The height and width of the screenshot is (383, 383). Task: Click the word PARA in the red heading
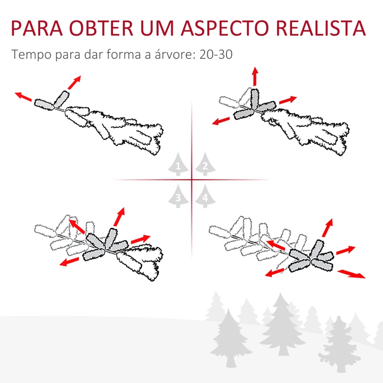click(x=37, y=28)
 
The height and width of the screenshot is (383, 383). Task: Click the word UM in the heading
click(x=157, y=28)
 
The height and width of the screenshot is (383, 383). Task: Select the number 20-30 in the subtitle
click(x=216, y=54)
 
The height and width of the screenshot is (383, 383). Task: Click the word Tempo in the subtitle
click(x=32, y=55)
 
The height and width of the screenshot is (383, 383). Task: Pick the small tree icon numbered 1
click(x=178, y=164)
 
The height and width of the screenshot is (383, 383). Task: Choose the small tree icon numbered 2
click(x=205, y=164)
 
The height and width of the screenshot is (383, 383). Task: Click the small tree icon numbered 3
click(x=178, y=196)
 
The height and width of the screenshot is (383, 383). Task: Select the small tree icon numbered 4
click(x=205, y=196)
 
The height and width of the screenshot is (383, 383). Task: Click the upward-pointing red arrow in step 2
click(x=255, y=76)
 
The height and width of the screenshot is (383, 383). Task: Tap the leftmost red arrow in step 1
click(x=23, y=97)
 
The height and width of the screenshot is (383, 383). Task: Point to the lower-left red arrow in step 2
click(x=221, y=121)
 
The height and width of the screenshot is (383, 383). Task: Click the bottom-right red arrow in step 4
click(x=351, y=274)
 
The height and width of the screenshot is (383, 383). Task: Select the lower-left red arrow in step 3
click(x=69, y=261)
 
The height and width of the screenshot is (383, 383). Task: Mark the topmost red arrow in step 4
click(x=327, y=228)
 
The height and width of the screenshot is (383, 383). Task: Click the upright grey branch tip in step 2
click(x=254, y=98)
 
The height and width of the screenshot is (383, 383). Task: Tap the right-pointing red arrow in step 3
click(x=140, y=239)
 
